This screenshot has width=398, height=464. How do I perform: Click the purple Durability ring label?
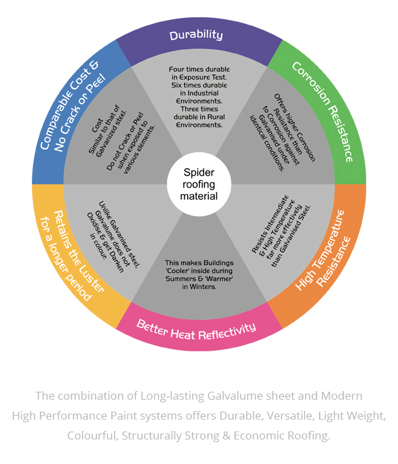tap(196, 34)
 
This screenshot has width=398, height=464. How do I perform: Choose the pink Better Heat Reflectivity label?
tap(196, 327)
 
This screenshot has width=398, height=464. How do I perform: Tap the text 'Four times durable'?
tap(198, 68)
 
